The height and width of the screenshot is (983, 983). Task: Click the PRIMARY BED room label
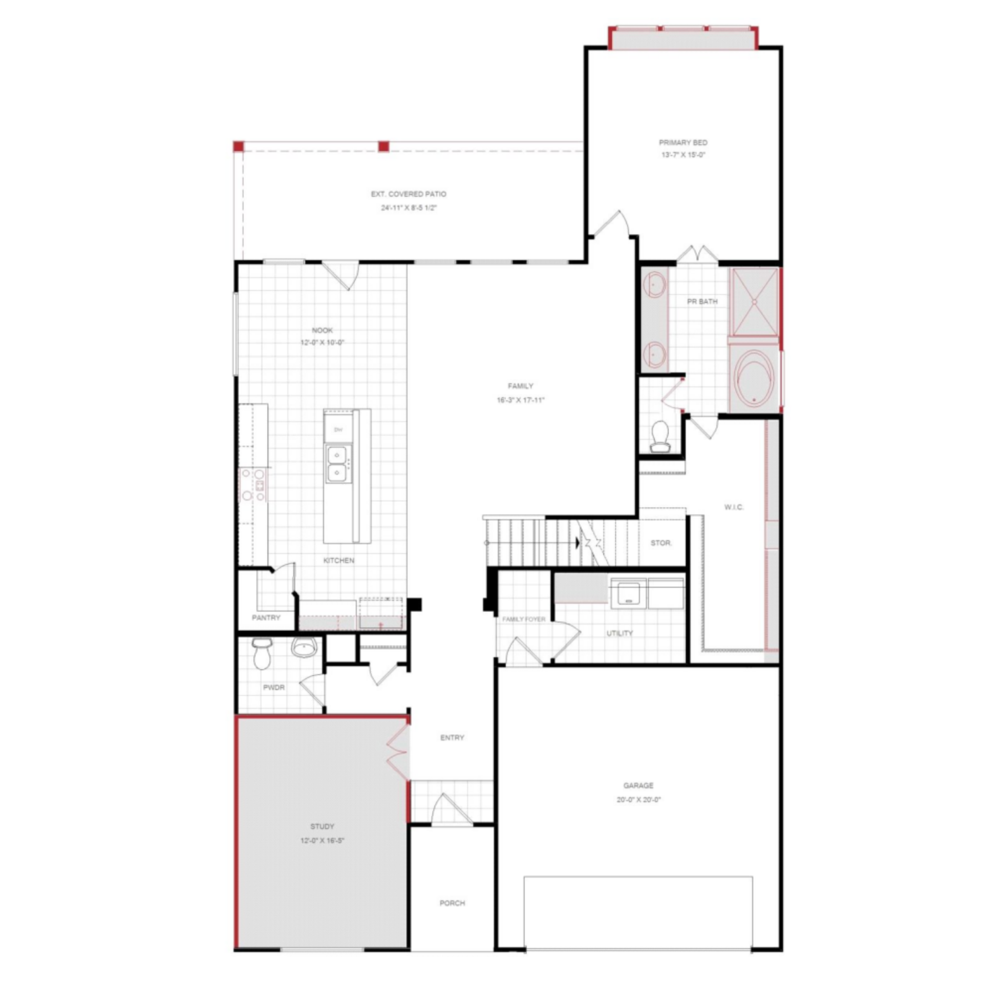coord(682,142)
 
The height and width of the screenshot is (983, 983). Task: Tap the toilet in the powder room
coord(262,655)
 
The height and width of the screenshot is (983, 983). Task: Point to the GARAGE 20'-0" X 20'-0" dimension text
coord(638,800)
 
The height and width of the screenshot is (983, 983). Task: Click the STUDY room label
coord(322,826)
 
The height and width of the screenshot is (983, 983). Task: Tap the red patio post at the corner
coord(238,146)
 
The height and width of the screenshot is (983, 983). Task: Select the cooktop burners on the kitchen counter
coord(253,484)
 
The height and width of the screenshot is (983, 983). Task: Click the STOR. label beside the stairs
coord(661,543)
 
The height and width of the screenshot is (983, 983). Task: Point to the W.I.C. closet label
coord(734,507)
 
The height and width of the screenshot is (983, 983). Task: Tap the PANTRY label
coord(266,618)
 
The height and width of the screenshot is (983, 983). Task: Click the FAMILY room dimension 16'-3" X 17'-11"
coord(520,400)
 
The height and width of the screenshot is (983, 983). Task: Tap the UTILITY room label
coord(619,633)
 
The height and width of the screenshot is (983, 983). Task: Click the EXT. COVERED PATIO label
coord(408,194)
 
